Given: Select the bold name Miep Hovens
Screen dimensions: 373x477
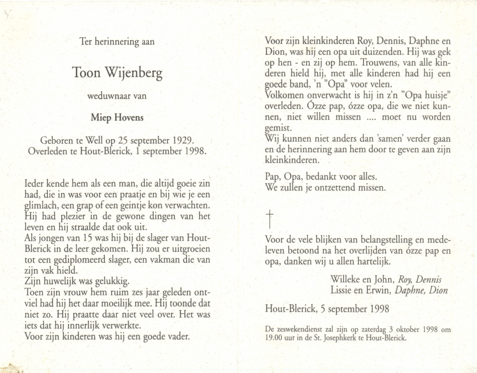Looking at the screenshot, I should [x=117, y=117].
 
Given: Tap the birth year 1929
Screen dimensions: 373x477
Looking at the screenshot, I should [x=183, y=140].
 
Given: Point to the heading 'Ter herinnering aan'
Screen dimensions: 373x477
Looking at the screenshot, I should [x=117, y=42].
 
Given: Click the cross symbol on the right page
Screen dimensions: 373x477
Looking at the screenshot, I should [x=270, y=219].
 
